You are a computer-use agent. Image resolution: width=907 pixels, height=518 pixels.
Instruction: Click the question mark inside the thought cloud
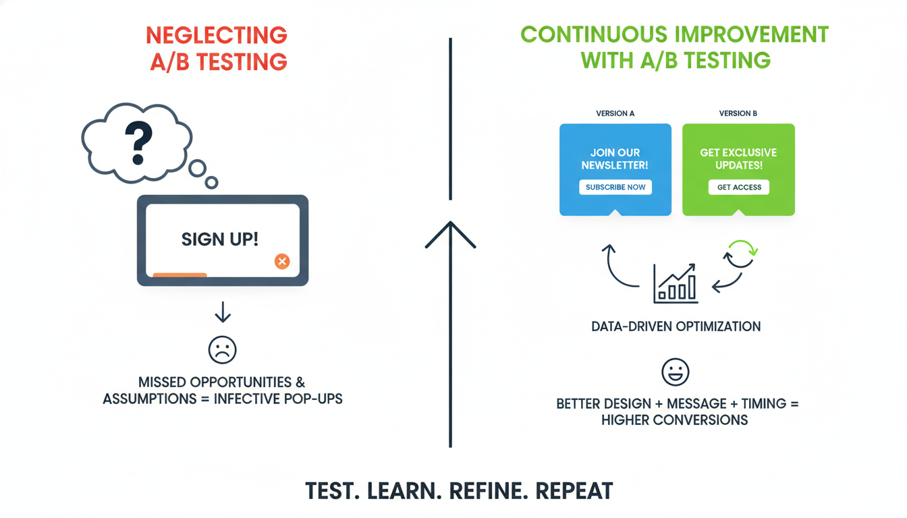pyautogui.click(x=138, y=142)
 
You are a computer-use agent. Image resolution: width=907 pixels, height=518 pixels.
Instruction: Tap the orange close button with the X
pyautogui.click(x=282, y=262)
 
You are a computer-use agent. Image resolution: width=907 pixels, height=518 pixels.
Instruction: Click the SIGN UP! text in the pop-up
pyautogui.click(x=220, y=239)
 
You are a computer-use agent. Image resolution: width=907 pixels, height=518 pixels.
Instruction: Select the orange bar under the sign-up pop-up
pyautogui.click(x=180, y=275)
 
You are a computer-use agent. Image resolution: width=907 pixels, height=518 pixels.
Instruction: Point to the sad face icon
pyautogui.click(x=222, y=350)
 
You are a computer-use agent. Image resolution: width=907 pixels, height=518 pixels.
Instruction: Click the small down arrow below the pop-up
pyautogui.click(x=223, y=312)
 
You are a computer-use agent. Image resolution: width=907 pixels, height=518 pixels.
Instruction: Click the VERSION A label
pyautogui.click(x=615, y=113)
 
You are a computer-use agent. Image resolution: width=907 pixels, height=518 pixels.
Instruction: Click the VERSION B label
pyautogui.click(x=738, y=113)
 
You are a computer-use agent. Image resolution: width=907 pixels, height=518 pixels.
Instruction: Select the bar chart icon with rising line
pyautogui.click(x=675, y=284)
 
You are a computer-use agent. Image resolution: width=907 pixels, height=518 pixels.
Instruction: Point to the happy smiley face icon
pyautogui.click(x=675, y=372)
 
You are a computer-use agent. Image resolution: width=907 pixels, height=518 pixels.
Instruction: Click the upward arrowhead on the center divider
pyautogui.click(x=450, y=233)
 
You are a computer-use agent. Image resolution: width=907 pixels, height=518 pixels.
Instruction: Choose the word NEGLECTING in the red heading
pyautogui.click(x=217, y=35)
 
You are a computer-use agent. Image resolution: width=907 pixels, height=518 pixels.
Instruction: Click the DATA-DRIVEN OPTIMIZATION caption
pyautogui.click(x=676, y=326)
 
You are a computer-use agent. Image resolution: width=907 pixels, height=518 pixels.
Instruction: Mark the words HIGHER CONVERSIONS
pyautogui.click(x=674, y=420)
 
